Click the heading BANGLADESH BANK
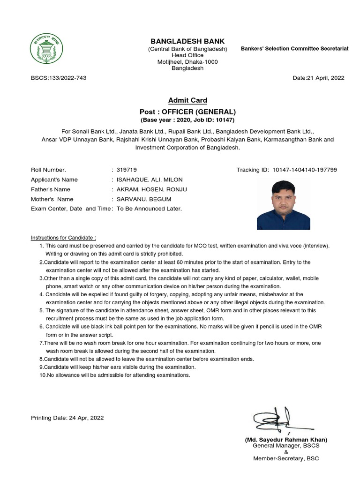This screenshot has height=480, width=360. tap(187, 41)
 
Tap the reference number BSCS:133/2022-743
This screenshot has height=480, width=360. tap(59, 78)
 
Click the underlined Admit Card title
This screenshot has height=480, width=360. tap(187, 100)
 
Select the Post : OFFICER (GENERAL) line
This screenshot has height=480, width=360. tap(187, 112)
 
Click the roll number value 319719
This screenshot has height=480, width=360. tap(127, 170)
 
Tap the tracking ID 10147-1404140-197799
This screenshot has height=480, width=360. tap(304, 170)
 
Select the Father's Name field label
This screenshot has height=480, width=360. tap(51, 189)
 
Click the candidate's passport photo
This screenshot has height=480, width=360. tap(284, 205)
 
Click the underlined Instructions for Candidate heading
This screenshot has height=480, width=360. tap(63, 238)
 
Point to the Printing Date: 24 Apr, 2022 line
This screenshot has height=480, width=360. tap(67, 418)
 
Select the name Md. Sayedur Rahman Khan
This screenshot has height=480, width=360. tap(286, 440)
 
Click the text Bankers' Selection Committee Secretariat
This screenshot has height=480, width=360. tap(294, 49)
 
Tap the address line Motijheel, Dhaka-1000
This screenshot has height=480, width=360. tap(187, 62)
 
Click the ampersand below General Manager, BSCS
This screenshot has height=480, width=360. tap(286, 452)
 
